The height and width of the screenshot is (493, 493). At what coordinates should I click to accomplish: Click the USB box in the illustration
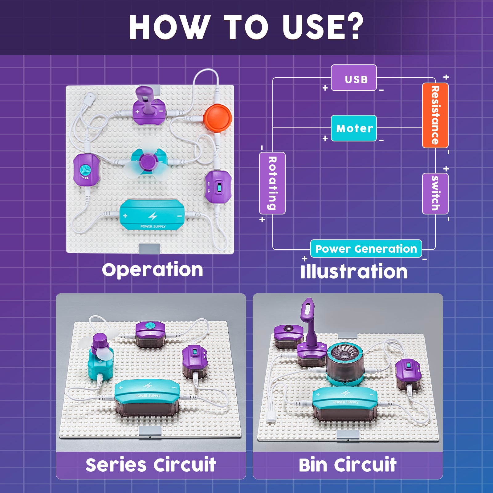[x=354, y=78]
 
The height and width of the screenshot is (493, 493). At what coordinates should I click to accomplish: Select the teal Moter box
[x=354, y=128]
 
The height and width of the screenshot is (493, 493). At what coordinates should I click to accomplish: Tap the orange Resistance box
[x=435, y=115]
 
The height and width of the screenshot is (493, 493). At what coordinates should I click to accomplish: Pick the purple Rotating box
[x=272, y=183]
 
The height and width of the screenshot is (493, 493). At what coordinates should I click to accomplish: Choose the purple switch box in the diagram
[x=435, y=194]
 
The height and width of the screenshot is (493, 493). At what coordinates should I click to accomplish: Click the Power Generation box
[x=366, y=249]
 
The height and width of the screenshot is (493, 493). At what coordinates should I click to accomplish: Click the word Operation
[x=153, y=270]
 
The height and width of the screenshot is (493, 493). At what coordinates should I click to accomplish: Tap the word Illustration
[x=354, y=272]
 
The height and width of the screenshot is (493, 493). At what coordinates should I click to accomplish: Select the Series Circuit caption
[x=151, y=465]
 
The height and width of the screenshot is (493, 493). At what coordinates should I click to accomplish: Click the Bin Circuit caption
[x=348, y=465]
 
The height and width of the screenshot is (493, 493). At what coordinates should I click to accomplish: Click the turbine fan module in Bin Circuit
[x=345, y=364]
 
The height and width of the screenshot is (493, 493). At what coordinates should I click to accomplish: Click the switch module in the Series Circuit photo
[x=195, y=361]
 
